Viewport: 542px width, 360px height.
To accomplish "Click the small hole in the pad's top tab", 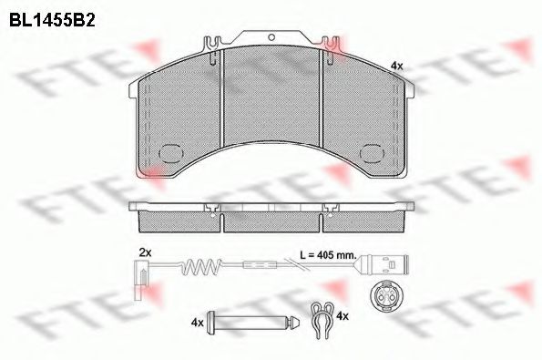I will (271, 37).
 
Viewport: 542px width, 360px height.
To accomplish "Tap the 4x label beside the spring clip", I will (343, 315).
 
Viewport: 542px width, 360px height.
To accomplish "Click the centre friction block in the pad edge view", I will (271, 219).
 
